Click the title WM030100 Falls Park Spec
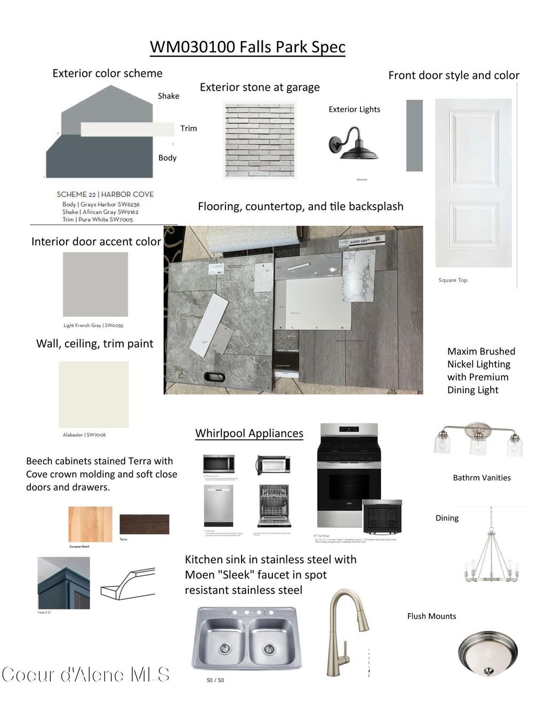click(247, 47)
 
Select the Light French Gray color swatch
click(95, 284)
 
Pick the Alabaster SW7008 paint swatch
click(94, 394)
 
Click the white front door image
click(473, 183)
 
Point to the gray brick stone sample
click(260, 140)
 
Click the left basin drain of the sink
click(224, 648)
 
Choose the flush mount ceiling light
click(487, 653)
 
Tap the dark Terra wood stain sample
click(144, 524)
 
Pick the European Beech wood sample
click(91, 524)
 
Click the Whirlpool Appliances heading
click(249, 433)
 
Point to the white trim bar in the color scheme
click(127, 129)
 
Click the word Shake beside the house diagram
click(168, 96)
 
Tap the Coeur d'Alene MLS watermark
click(85, 675)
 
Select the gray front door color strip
click(414, 135)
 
